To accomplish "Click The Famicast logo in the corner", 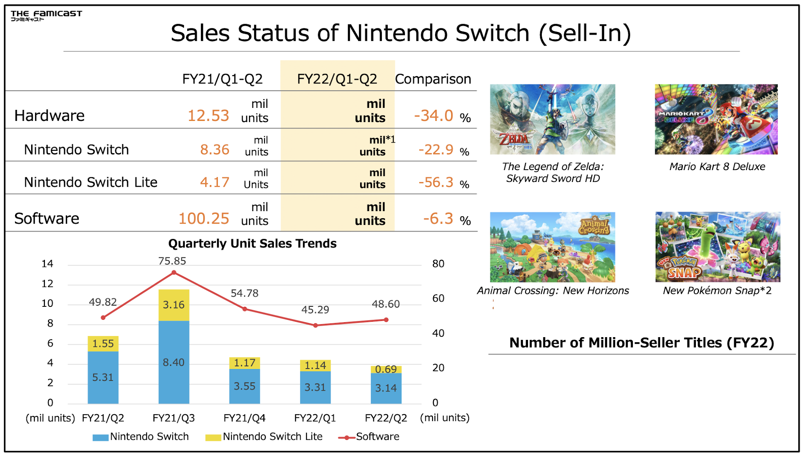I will point(46,15).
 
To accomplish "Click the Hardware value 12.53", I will point(208,116).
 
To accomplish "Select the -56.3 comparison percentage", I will point(436,182).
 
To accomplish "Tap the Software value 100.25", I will point(204,219).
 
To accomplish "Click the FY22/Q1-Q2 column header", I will point(337,79).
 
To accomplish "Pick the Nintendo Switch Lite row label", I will point(91,182).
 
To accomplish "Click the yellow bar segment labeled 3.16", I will point(174,305).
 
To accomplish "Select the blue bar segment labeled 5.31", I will point(103,377).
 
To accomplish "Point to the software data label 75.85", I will point(172,261).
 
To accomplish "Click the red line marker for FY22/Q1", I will point(315,325).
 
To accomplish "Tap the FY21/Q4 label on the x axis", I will point(244,418).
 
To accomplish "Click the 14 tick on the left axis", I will point(47,264).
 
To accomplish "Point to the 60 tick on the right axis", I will point(438,299).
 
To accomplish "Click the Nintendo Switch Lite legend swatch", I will point(213,438).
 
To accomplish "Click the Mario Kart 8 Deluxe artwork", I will point(716,119).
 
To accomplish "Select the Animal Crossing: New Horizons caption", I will point(553,291).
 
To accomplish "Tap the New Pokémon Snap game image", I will point(718,247).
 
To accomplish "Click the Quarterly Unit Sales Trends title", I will point(252,243).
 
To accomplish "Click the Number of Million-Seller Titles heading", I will point(642,343).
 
